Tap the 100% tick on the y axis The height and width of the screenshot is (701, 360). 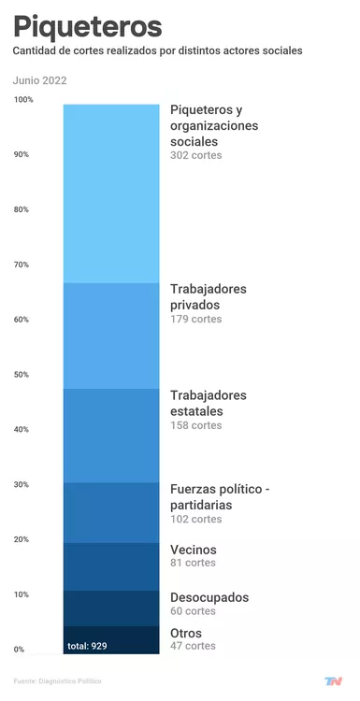23,99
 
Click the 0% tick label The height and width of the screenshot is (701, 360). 20,650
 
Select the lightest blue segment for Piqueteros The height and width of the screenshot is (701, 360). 111,193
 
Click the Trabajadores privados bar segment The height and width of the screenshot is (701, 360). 111,335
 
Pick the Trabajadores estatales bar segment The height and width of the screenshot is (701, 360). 111,435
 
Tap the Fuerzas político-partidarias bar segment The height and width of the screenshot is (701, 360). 111,512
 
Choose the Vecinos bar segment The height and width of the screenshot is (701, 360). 111,566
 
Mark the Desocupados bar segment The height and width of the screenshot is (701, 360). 111,608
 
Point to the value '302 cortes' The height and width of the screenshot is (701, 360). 196,155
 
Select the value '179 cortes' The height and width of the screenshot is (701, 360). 196,319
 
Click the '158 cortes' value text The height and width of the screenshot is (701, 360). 196,425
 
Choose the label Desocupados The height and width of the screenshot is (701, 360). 209,597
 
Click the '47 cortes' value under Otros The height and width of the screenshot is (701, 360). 193,646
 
